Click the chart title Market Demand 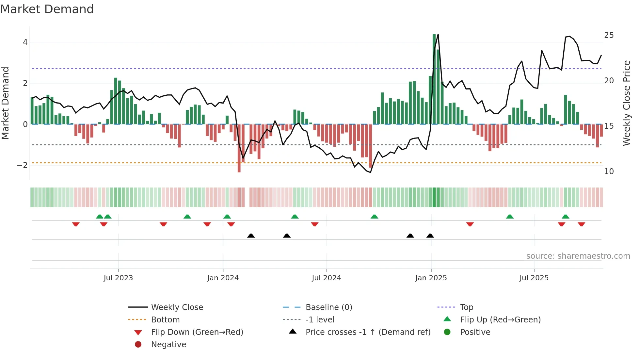pos(47,9)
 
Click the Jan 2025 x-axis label pos(431,278)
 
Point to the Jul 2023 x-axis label pos(118,278)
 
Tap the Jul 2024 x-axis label pos(326,278)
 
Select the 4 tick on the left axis pos(25,42)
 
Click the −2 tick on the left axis pos(22,165)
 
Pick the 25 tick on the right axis pos(609,35)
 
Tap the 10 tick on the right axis pos(609,172)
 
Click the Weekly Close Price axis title pos(626,103)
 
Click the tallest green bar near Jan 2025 pos(434,78)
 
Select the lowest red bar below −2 pos(239,149)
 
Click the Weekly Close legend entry pos(177,307)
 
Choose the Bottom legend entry pos(165,320)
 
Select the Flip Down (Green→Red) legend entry pos(197,332)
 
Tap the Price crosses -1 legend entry pos(368,332)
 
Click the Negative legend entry pos(168,345)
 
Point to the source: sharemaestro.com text pos(578,256)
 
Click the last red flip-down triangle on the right pos(581,224)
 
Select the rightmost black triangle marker pos(430,236)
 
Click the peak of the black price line pos(438,34)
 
